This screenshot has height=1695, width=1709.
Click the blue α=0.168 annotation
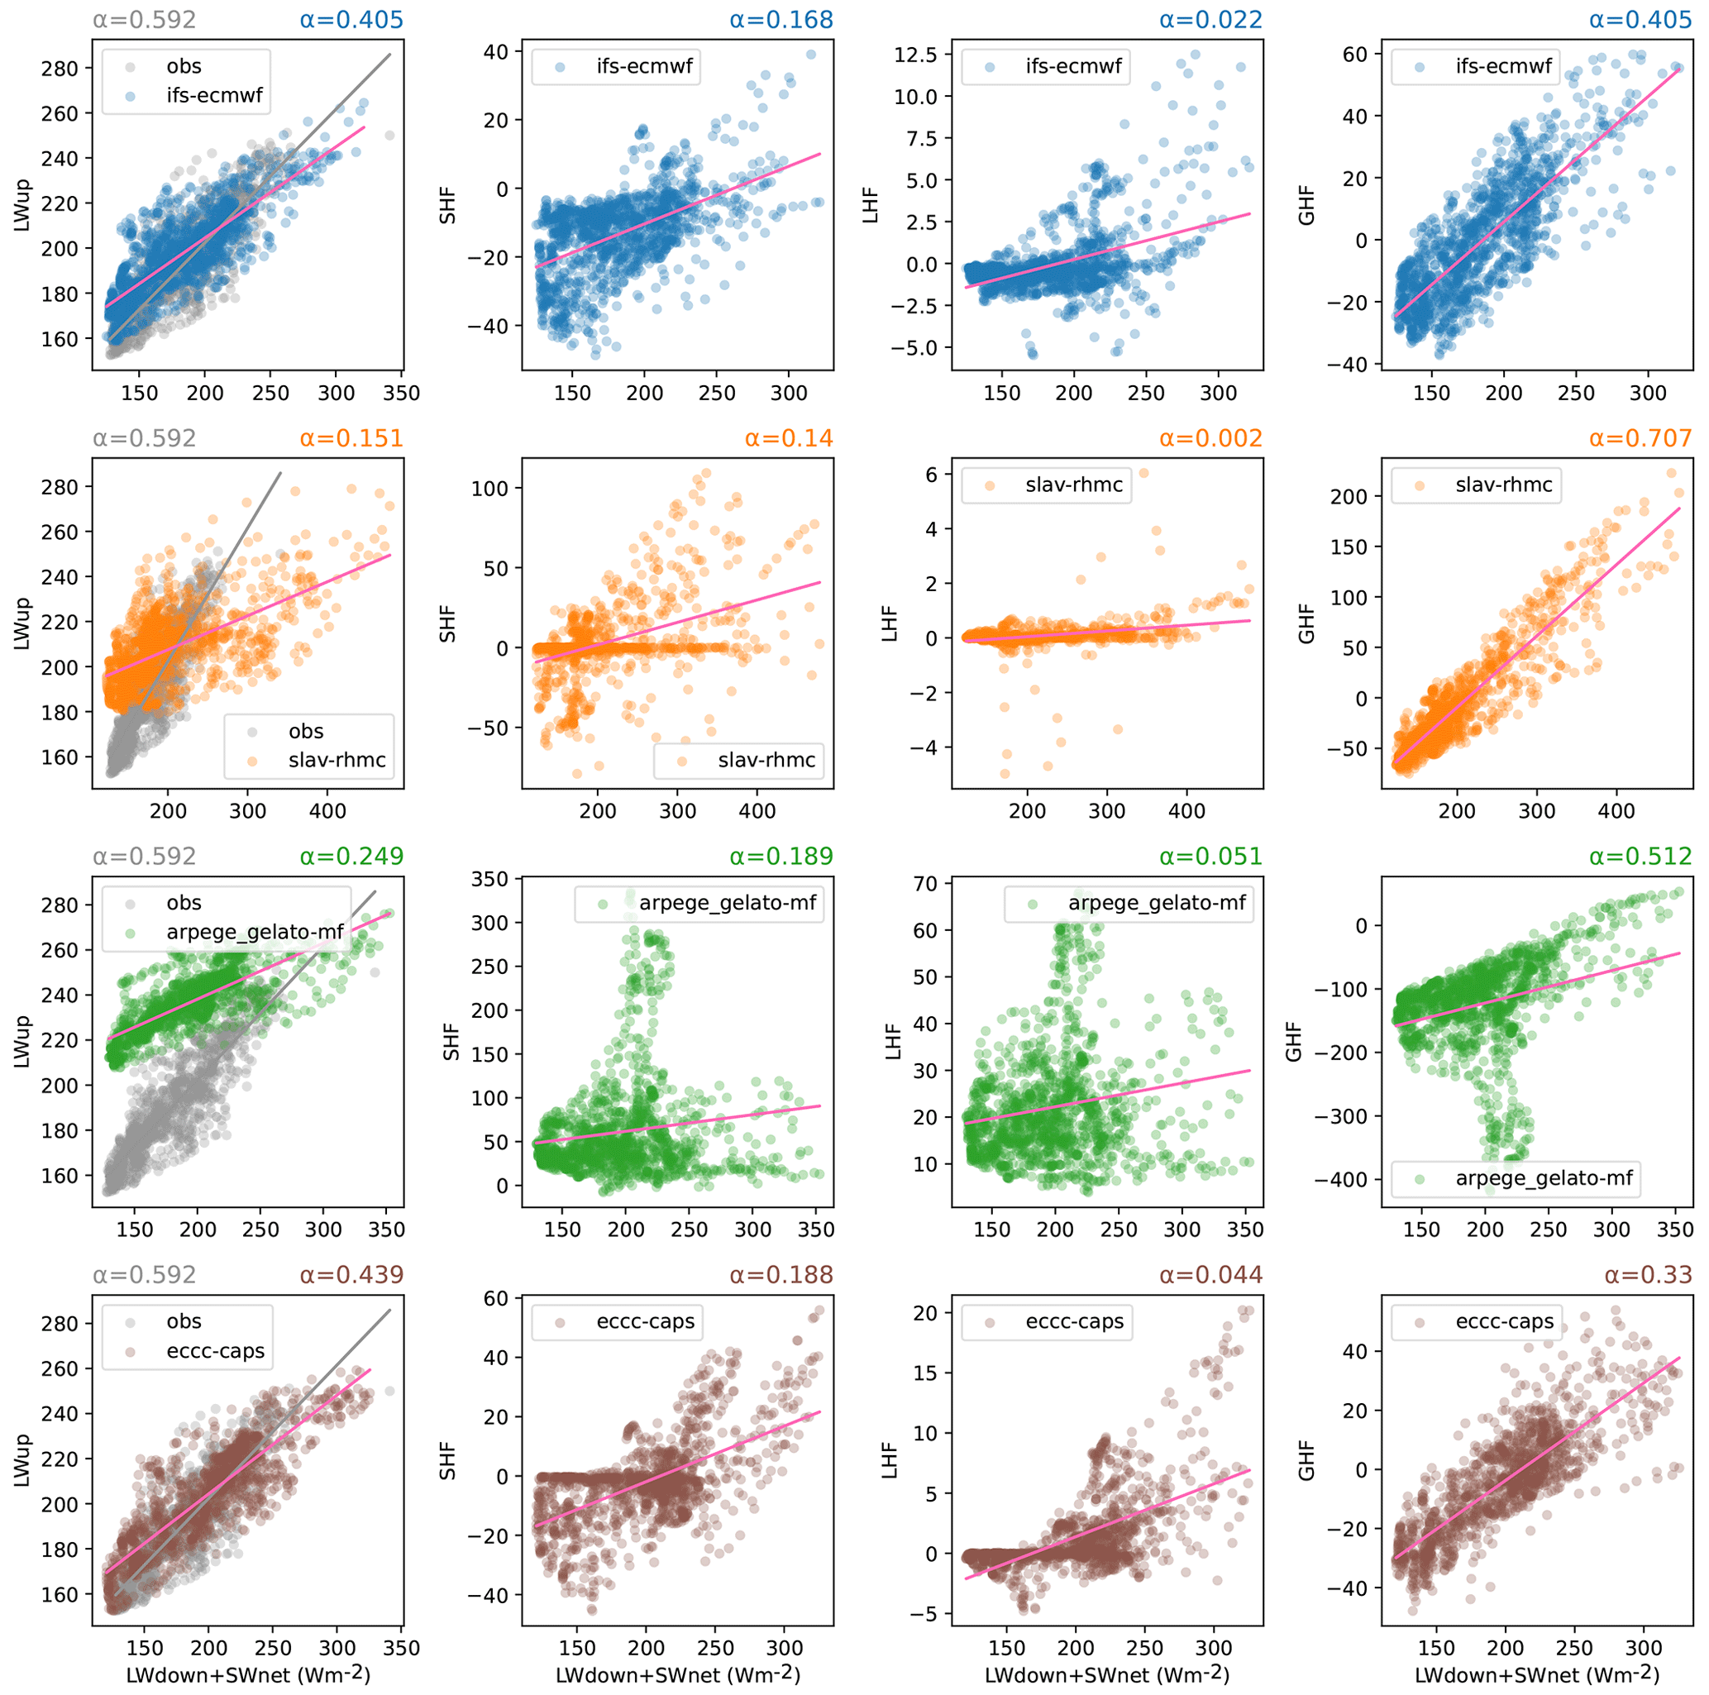(x=781, y=20)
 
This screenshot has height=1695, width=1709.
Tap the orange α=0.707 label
(x=1640, y=438)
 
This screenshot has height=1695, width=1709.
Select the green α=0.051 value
(x=1211, y=857)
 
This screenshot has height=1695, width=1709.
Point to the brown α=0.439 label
(x=351, y=1275)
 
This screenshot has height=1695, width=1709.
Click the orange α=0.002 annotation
(x=1211, y=438)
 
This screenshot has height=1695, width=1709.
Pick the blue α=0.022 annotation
(x=1211, y=20)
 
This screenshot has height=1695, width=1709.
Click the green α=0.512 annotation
(x=1640, y=857)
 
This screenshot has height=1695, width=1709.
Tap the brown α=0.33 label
(x=1648, y=1275)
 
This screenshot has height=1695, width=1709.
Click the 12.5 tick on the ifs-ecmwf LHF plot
(x=917, y=55)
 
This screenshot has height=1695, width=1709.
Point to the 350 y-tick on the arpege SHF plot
(x=491, y=880)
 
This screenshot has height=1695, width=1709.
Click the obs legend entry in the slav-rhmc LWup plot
(x=305, y=732)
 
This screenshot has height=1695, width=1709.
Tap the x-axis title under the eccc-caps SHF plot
(x=678, y=1674)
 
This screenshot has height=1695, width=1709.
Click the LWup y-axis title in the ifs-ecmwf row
(x=22, y=205)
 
